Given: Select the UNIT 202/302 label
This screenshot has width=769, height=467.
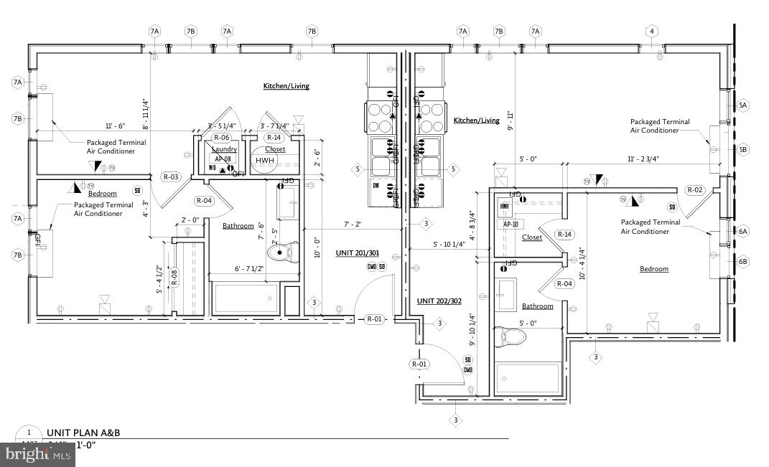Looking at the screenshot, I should click(439, 301).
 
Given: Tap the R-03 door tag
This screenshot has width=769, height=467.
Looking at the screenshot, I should click(170, 176).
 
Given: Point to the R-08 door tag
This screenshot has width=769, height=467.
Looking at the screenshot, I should click(174, 277).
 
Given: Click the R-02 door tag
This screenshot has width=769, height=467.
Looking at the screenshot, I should click(694, 190).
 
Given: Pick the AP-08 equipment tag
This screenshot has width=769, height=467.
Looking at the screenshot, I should click(221, 159).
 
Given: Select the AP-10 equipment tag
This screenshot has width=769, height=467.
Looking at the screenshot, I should click(511, 224).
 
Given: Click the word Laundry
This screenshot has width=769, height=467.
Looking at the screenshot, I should click(224, 149).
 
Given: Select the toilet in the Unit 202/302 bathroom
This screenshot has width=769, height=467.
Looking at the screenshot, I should click(511, 336).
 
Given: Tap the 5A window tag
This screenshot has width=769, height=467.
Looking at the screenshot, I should click(743, 105).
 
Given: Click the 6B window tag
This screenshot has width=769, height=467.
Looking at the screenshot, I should click(743, 262).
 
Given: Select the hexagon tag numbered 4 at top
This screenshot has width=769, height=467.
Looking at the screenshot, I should click(651, 31).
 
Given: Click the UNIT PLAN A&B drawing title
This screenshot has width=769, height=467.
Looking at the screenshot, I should click(79, 433).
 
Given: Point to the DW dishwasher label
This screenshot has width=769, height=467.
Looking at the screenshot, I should click(376, 185).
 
